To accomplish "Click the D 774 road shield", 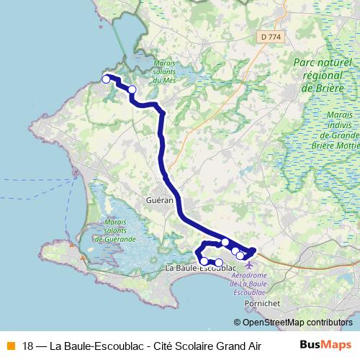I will (271, 36).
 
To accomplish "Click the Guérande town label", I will (158, 201).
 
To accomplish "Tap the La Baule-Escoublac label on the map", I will (202, 268).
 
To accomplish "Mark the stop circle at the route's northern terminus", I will (107, 78).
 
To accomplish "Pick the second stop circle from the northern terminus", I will (132, 90).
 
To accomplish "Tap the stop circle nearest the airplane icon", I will (240, 255).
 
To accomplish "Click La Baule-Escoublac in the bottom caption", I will (98, 344).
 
